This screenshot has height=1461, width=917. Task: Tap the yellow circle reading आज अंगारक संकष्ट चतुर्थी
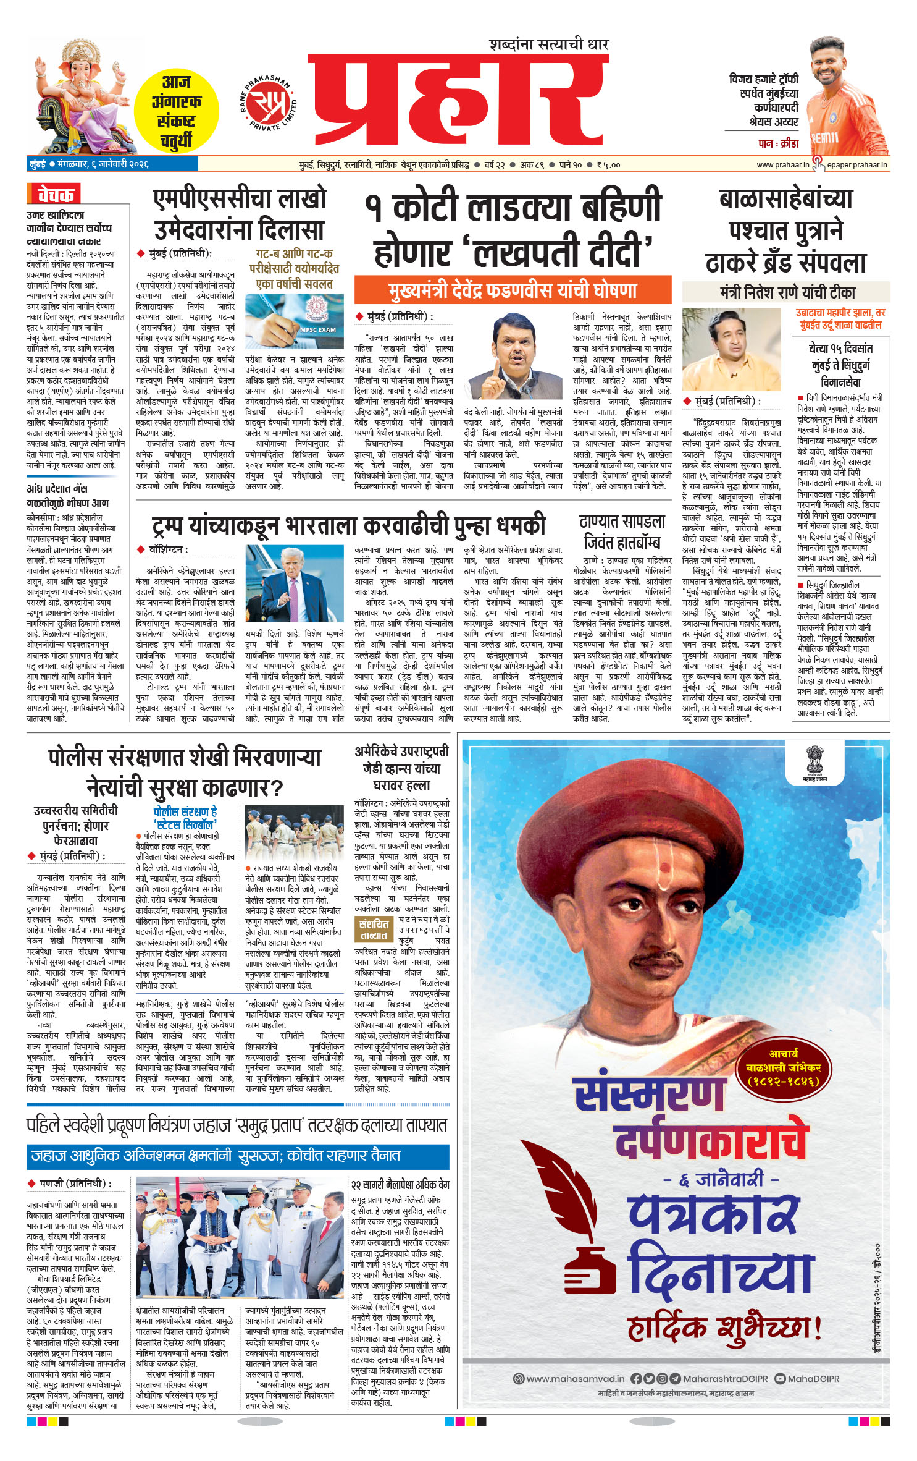(177, 112)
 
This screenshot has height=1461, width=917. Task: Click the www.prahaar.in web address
(782, 165)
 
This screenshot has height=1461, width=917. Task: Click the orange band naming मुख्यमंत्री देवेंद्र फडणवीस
(512, 290)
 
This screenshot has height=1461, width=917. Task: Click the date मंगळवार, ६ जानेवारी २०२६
(103, 165)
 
